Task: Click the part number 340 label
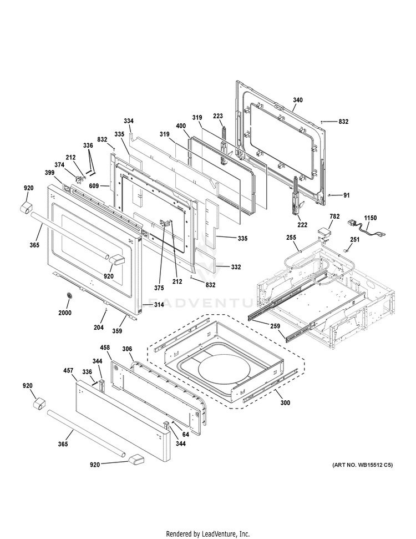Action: (298, 100)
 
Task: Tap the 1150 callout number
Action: (371, 218)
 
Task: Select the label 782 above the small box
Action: (334, 216)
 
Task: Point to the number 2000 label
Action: (65, 313)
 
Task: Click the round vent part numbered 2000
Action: (70, 296)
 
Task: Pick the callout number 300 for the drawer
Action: (285, 403)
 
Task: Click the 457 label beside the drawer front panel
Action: (68, 371)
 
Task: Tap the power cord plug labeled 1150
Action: (352, 224)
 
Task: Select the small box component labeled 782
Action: (323, 234)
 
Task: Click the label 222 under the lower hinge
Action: (303, 225)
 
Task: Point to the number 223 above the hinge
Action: (218, 117)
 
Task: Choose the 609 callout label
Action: (94, 186)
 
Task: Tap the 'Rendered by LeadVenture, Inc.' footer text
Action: (208, 534)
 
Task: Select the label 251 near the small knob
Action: (355, 240)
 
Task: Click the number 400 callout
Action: (181, 126)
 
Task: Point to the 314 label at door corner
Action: (159, 305)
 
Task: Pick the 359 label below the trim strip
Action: (117, 331)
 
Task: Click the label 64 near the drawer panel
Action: (185, 435)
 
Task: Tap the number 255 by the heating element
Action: (291, 237)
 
